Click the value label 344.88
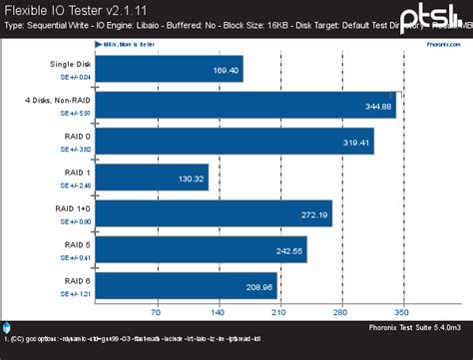[x=376, y=106]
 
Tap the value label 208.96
[x=258, y=286]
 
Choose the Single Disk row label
[x=69, y=65]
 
